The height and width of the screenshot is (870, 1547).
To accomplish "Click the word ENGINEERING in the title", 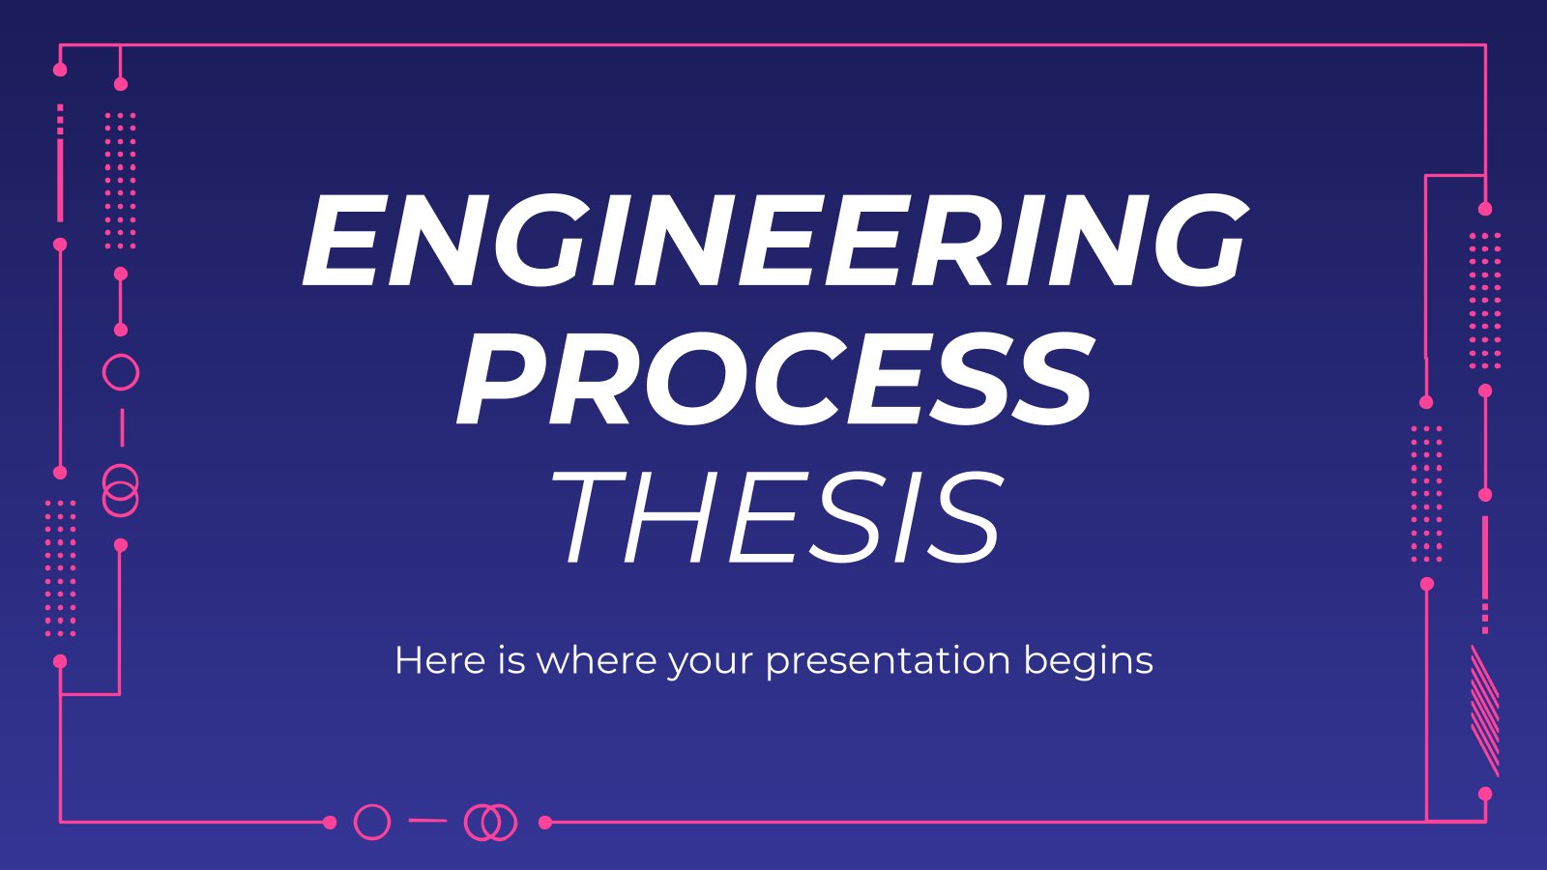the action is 773,241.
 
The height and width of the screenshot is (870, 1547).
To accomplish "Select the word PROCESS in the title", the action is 773,380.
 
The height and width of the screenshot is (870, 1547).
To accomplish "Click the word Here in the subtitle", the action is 440,660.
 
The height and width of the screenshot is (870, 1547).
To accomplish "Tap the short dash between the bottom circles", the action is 427,821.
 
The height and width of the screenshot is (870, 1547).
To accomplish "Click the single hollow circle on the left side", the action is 121,355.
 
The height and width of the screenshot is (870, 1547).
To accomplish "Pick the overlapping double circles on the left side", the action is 121,465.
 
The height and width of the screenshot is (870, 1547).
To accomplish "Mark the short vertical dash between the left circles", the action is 122,427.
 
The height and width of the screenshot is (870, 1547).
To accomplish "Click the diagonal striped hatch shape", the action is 1484,711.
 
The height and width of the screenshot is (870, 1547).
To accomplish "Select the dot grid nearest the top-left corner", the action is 121,180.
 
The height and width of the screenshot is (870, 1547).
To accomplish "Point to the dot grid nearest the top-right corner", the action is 1485,301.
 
